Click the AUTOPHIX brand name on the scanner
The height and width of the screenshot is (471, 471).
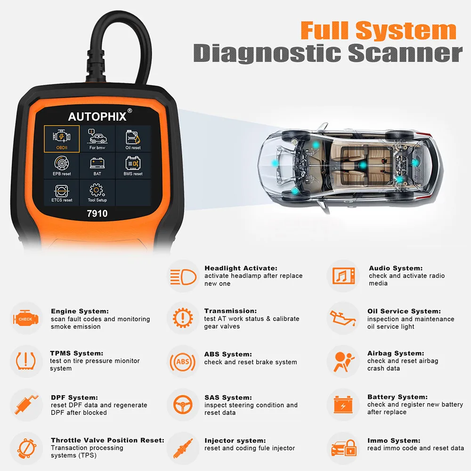pyautogui.click(x=97, y=116)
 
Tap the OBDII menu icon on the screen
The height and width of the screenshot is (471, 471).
pyautogui.click(x=62, y=138)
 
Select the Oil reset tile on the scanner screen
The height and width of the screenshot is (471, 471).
pyautogui.click(x=133, y=138)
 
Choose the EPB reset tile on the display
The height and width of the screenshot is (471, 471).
pyautogui.click(x=62, y=165)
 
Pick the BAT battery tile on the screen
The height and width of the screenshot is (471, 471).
pyautogui.click(x=97, y=165)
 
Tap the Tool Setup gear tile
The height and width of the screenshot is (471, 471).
pyautogui.click(x=97, y=192)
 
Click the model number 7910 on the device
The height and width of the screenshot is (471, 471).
pyautogui.click(x=97, y=213)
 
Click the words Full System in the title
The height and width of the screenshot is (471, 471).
pyautogui.click(x=378, y=31)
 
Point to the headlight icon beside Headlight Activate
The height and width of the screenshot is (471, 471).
pyautogui.click(x=183, y=276)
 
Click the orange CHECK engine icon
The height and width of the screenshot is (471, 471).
pyautogui.click(x=25, y=319)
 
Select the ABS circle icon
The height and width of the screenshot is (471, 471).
pyautogui.click(x=183, y=362)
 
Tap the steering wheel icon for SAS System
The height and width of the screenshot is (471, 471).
pyautogui.click(x=183, y=405)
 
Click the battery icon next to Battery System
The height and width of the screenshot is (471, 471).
pyautogui.click(x=343, y=405)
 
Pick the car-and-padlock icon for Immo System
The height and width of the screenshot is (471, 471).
pyautogui.click(x=343, y=447)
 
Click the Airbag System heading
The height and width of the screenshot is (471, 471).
pyautogui.click(x=396, y=353)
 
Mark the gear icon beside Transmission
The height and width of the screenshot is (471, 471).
pyautogui.click(x=183, y=319)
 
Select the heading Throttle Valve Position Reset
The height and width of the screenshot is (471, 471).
pyautogui.click(x=107, y=440)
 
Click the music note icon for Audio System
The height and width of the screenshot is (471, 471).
pyautogui.click(x=343, y=276)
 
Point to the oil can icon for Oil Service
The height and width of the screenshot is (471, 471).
pyautogui.click(x=343, y=319)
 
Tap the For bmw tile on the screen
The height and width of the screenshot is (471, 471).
pyautogui.click(x=97, y=138)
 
